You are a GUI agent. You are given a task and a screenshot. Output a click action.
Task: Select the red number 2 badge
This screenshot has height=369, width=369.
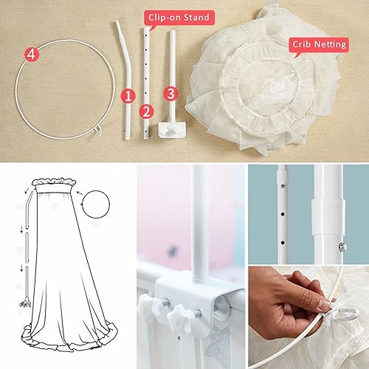(x=146, y=111)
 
